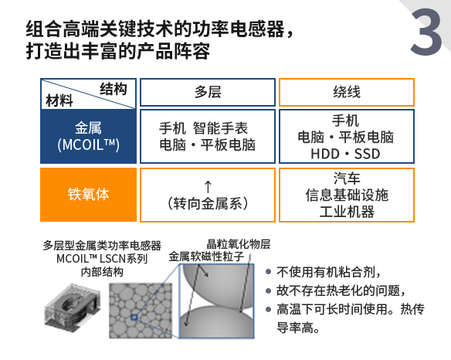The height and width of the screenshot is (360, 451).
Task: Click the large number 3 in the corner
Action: point(426,32)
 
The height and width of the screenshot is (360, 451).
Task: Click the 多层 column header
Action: point(208,93)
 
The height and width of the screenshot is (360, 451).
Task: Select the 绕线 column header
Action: point(347,93)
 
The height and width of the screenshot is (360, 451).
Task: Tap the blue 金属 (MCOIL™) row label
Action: point(88,137)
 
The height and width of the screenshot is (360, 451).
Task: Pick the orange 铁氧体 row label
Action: point(88,195)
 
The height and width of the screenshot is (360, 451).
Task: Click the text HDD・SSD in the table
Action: point(345,154)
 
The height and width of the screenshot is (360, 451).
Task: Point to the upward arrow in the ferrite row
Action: point(208,186)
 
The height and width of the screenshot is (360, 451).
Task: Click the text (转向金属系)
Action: point(208,204)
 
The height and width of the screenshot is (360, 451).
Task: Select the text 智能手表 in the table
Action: point(220,128)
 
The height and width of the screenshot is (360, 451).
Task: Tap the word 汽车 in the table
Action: point(347,178)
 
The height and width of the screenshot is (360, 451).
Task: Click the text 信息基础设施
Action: point(347,195)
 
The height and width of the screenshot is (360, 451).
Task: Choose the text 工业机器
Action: point(347,212)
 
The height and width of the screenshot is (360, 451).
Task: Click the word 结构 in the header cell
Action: point(114,89)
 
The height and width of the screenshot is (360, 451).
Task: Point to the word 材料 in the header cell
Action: point(59,100)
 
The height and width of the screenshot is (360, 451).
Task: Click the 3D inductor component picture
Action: point(73,305)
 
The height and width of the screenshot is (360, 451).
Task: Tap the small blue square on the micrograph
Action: point(134,318)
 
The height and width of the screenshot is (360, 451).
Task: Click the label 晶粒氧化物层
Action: point(239,244)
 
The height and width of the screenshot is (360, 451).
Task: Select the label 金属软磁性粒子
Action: point(206,256)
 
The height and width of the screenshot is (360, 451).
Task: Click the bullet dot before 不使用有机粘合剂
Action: point(268,272)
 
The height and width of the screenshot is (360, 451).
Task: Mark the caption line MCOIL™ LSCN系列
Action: point(102,259)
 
